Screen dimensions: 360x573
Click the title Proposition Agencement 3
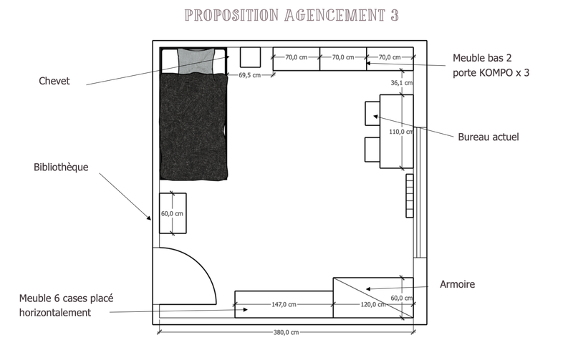[x=291, y=15]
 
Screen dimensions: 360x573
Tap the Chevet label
[x=54, y=82]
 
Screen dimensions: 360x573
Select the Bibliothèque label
[x=61, y=167]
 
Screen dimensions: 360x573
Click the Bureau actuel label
[x=488, y=137]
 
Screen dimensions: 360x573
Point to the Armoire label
[x=457, y=285]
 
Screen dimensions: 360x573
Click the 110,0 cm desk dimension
[x=400, y=132]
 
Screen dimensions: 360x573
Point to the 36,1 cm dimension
[x=401, y=83]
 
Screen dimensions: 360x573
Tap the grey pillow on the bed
[x=194, y=59]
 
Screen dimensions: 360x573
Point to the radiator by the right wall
[x=409, y=195]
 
